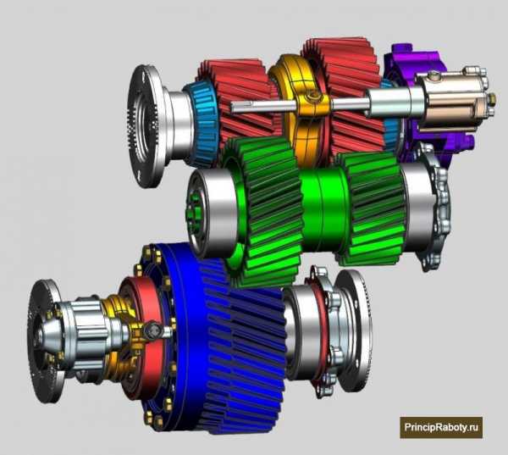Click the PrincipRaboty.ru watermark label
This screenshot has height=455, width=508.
[x=441, y=427]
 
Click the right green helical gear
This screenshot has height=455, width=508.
[x=373, y=208]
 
